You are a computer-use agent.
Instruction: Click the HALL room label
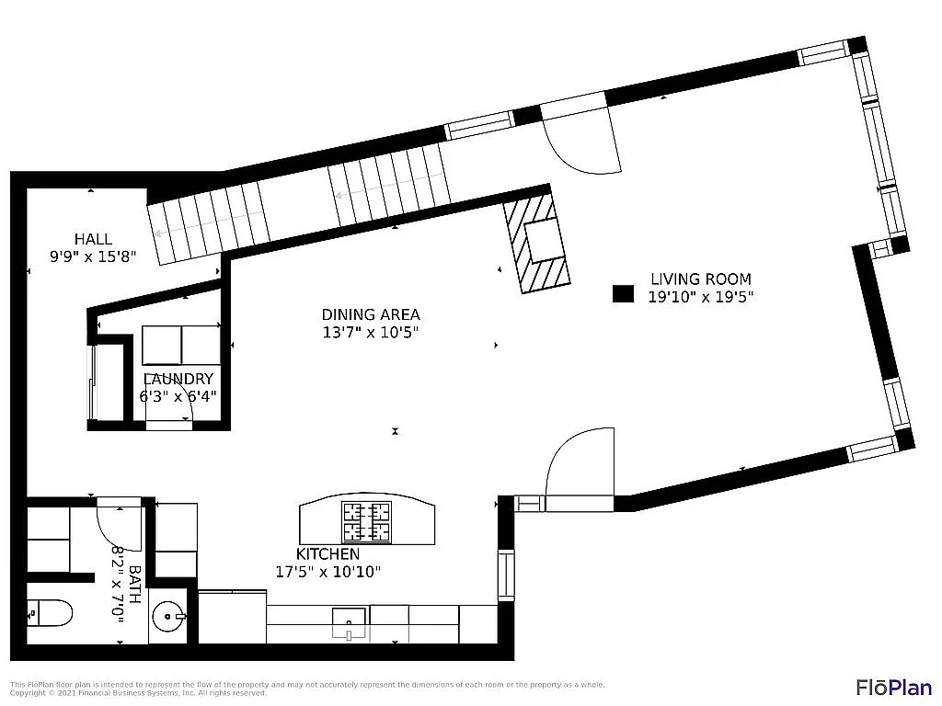click(93, 239)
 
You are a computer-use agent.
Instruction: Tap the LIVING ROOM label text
click(700, 279)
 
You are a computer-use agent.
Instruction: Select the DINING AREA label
click(370, 314)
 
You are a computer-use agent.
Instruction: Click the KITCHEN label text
click(327, 554)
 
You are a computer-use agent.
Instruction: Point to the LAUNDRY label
click(178, 379)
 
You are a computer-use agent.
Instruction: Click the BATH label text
click(134, 584)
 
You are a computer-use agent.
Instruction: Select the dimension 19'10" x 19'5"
click(700, 296)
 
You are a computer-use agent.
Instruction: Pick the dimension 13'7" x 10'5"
click(370, 333)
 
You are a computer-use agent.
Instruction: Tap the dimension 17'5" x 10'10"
click(327, 572)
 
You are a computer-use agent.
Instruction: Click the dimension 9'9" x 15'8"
click(93, 256)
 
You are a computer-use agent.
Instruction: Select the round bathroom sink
click(167, 616)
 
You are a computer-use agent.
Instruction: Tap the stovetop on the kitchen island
click(366, 522)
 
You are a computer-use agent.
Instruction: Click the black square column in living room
click(624, 293)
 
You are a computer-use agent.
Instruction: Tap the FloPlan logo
click(893, 687)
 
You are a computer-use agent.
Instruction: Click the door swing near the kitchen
click(580, 464)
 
